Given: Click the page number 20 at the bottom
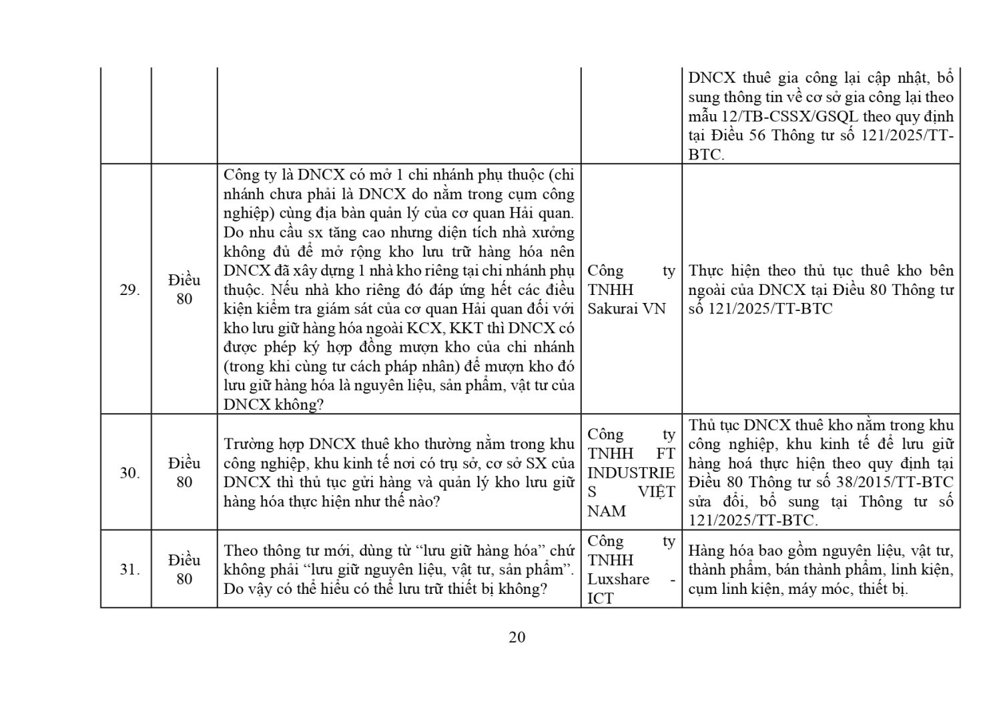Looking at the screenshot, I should pos(517,637).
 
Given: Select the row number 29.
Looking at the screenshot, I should pos(129,290).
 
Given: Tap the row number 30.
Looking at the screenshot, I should pos(129,472).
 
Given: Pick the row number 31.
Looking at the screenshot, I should pos(129,569).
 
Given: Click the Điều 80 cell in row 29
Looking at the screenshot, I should pos(184,290).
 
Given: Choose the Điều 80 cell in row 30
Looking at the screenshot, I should pos(184,472).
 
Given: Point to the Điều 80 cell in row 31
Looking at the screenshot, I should pos(184,569).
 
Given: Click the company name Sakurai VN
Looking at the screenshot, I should pos(627,309).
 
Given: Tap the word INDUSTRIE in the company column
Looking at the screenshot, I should pos(631,472).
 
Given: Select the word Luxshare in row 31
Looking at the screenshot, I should pos(618,579).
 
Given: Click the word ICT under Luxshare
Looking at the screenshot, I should pos(600,598).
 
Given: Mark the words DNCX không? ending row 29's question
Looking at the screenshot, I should pos(274,405).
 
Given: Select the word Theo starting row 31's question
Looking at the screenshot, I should pos(241,551).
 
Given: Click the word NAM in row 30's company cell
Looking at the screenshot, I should pos(606,511).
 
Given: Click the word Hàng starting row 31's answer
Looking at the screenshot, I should pos(706,551).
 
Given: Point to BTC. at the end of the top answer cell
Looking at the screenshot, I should pos(706,155).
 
